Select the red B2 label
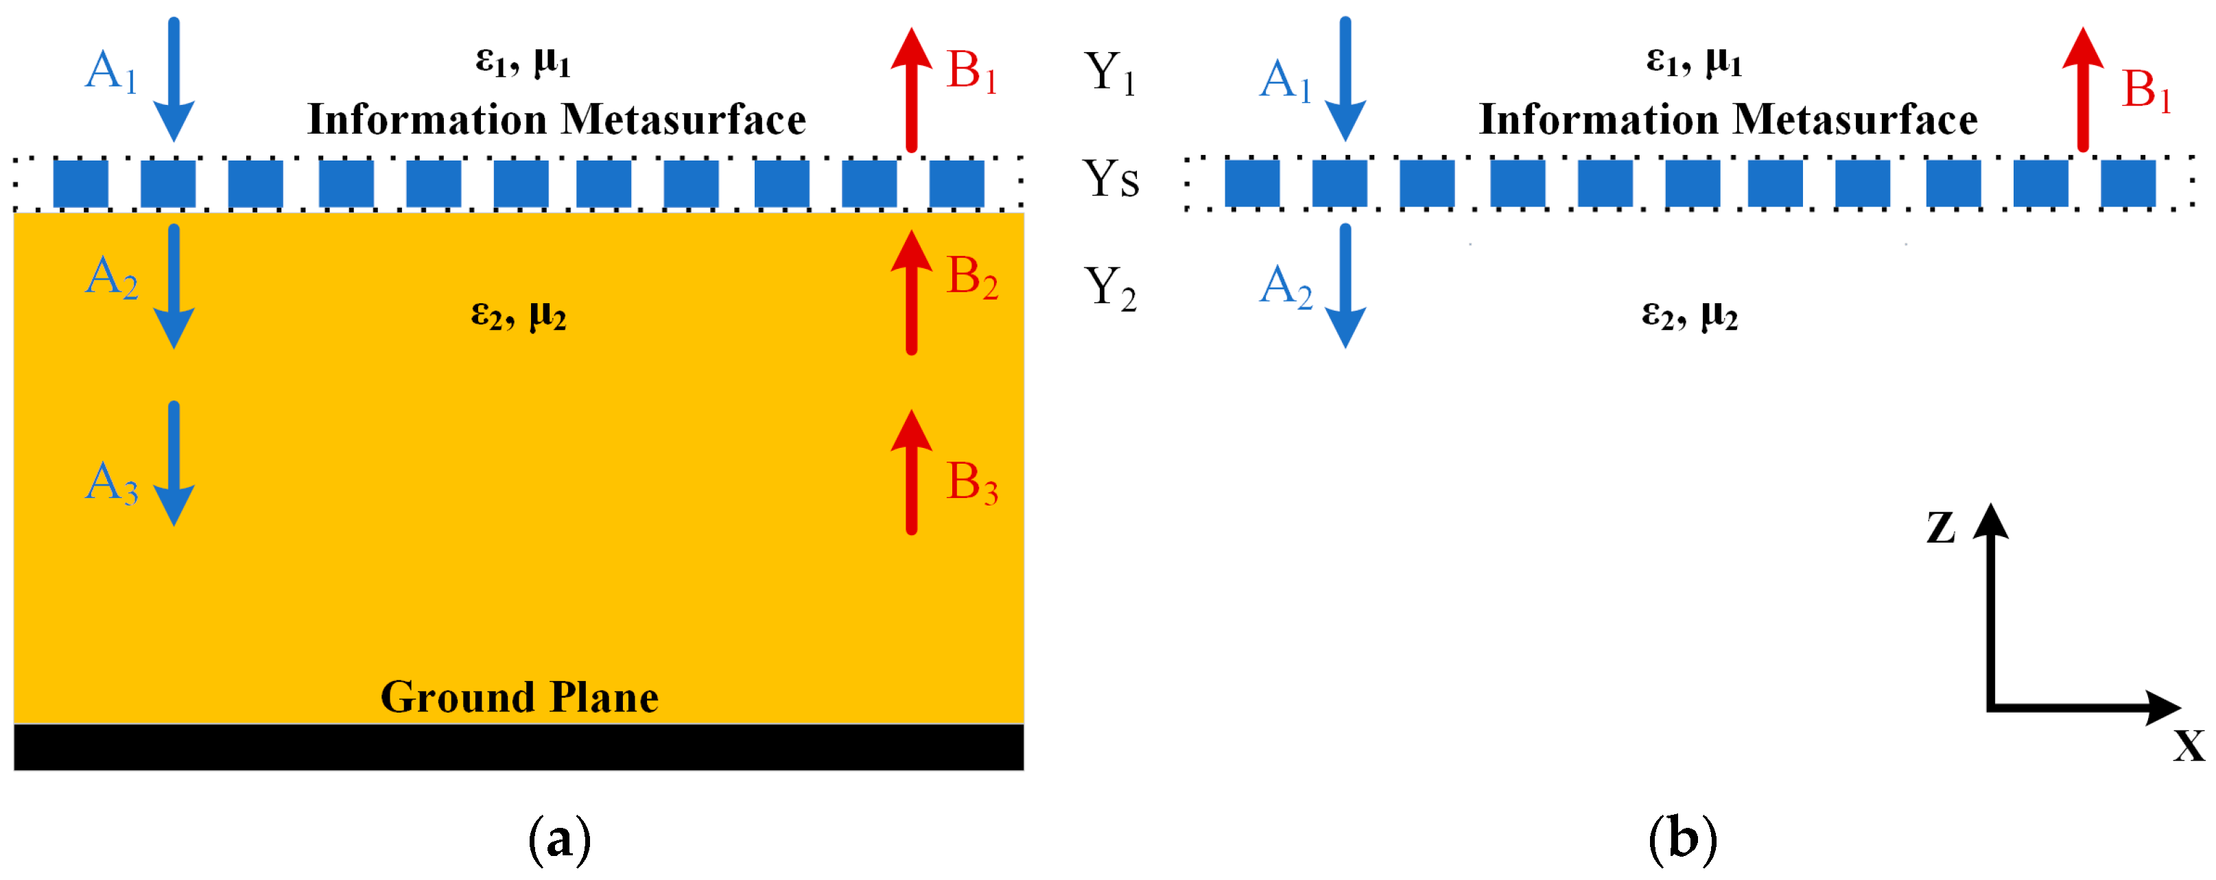(x=972, y=278)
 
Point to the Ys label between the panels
(x=1111, y=179)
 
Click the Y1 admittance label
(x=1109, y=73)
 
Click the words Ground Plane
(x=519, y=697)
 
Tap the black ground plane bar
(x=519, y=747)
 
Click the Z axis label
(x=1941, y=527)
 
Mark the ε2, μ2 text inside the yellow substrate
(x=518, y=316)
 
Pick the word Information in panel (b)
(x=1596, y=119)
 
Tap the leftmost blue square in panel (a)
(x=81, y=183)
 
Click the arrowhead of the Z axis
(x=1990, y=521)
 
